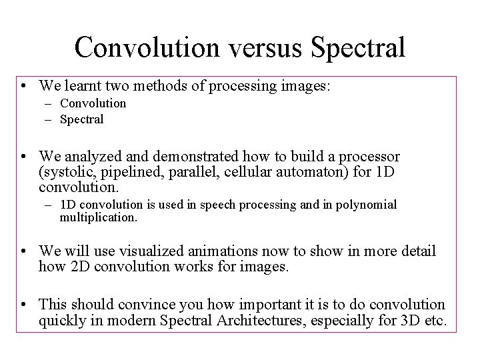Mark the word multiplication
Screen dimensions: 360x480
coord(98,217)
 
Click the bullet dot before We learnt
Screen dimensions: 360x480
coord(24,86)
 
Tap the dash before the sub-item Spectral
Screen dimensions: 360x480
coord(50,120)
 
